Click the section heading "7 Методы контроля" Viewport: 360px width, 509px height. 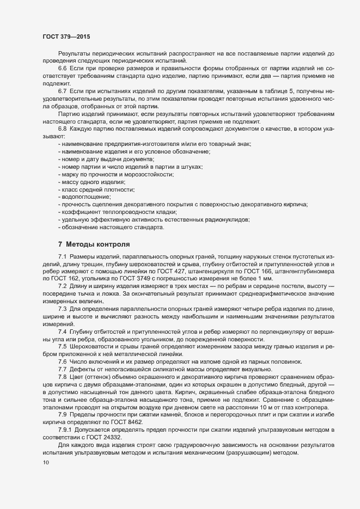tap(94, 244)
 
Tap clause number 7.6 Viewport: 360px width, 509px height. tap(62, 362)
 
